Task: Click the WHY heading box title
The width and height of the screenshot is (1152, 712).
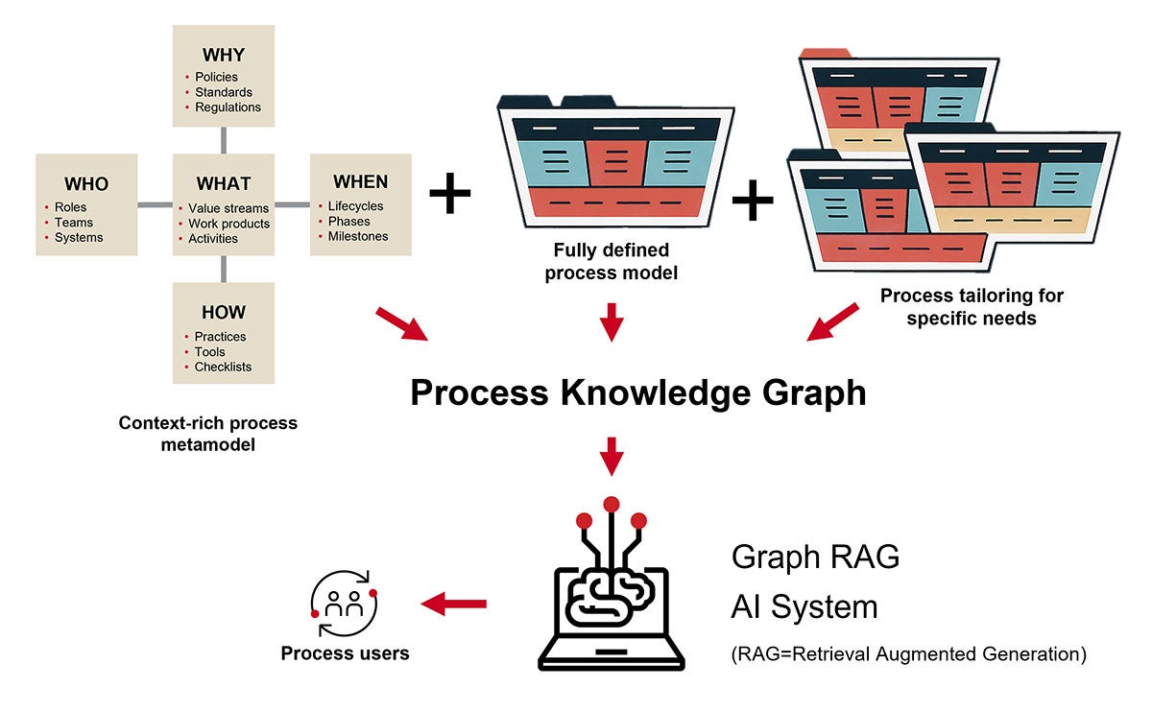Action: pyautogui.click(x=223, y=54)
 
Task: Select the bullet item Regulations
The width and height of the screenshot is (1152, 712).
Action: pyautogui.click(x=228, y=107)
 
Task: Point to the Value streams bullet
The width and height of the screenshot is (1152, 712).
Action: pyautogui.click(x=228, y=207)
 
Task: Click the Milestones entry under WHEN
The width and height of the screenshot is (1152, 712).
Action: pyautogui.click(x=358, y=236)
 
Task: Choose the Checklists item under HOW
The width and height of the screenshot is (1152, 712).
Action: pyautogui.click(x=223, y=367)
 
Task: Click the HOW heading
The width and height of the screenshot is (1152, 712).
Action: pyautogui.click(x=223, y=312)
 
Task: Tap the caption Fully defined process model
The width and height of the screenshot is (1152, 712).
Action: pyautogui.click(x=612, y=261)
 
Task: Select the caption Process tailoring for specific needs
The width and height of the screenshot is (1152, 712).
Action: pyautogui.click(x=972, y=306)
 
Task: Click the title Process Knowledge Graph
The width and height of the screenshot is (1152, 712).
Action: pyautogui.click(x=637, y=392)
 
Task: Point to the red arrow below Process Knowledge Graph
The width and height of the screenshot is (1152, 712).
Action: pyautogui.click(x=612, y=456)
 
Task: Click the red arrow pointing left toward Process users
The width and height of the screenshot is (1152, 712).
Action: pyautogui.click(x=454, y=604)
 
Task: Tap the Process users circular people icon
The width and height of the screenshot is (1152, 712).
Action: pyautogui.click(x=344, y=604)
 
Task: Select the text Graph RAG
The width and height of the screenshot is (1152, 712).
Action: pyautogui.click(x=815, y=557)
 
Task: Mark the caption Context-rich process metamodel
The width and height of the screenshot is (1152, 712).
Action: pyautogui.click(x=207, y=433)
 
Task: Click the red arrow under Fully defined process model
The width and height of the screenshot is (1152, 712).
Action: pyautogui.click(x=612, y=321)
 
